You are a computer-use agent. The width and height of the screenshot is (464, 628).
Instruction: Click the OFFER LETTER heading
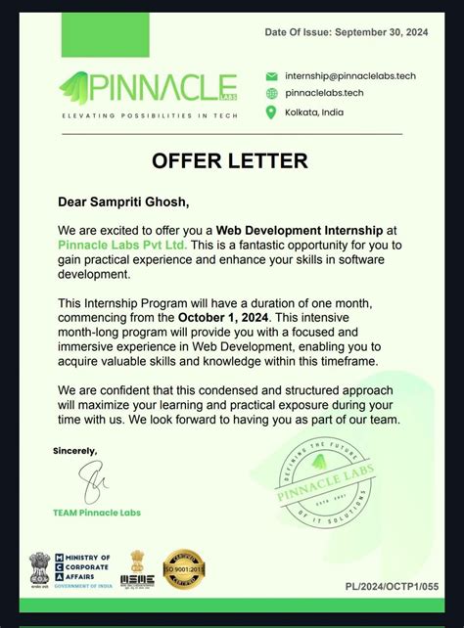coord(229,160)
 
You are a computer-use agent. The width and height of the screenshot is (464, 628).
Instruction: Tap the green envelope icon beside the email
coord(271,75)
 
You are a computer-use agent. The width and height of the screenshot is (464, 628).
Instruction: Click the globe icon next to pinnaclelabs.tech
coord(271,93)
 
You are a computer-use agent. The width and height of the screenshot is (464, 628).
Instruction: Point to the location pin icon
coord(271,112)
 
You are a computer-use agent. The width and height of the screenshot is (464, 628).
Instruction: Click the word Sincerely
coord(75,451)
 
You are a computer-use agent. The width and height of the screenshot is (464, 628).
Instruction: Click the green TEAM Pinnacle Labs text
coord(97,512)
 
